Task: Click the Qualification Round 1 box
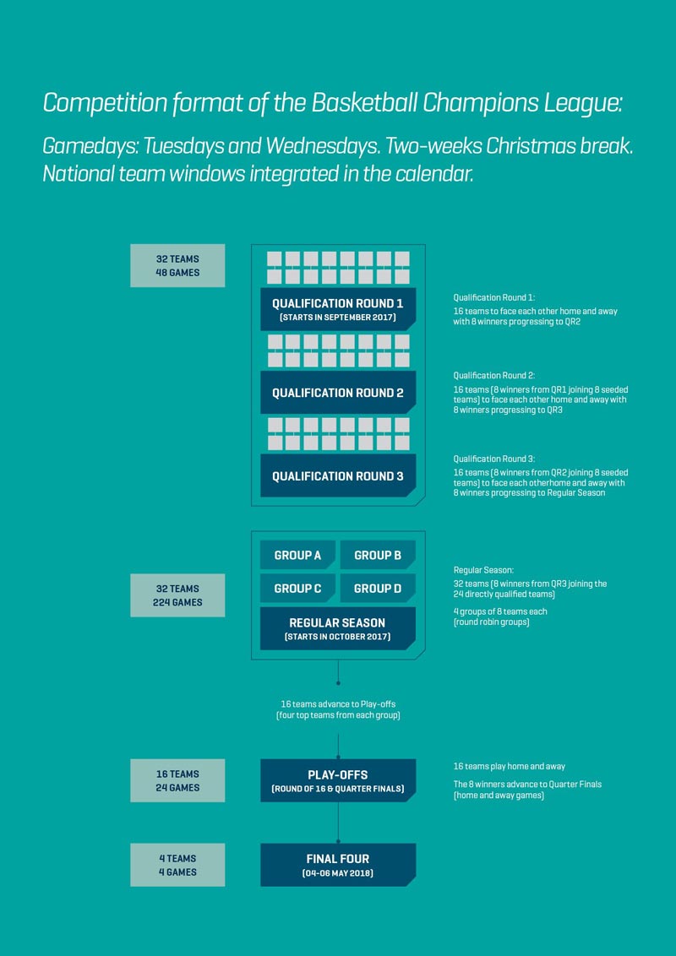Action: point(338,309)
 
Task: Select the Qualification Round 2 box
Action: point(338,392)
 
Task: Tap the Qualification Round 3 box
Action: point(338,475)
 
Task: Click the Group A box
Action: point(297,555)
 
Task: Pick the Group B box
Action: point(378,555)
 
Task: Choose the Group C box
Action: point(297,589)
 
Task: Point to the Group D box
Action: point(378,589)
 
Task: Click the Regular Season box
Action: point(338,628)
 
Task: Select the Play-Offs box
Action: point(338,780)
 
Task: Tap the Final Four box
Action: point(338,865)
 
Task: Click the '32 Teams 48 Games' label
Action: point(177,266)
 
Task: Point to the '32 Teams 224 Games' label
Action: point(177,595)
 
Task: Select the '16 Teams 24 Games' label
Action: point(177,780)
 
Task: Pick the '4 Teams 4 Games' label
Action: point(177,865)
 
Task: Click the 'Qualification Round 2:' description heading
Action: point(494,376)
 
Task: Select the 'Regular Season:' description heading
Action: point(484,570)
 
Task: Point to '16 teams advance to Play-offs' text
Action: point(339,704)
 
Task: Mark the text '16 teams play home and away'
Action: point(510,766)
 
